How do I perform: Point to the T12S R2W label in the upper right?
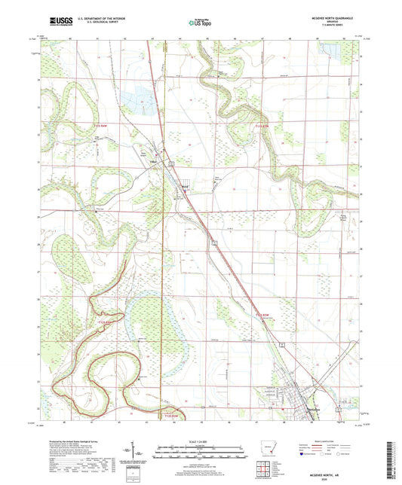(x=262, y=124)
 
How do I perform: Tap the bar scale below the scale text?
(x=200, y=453)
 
